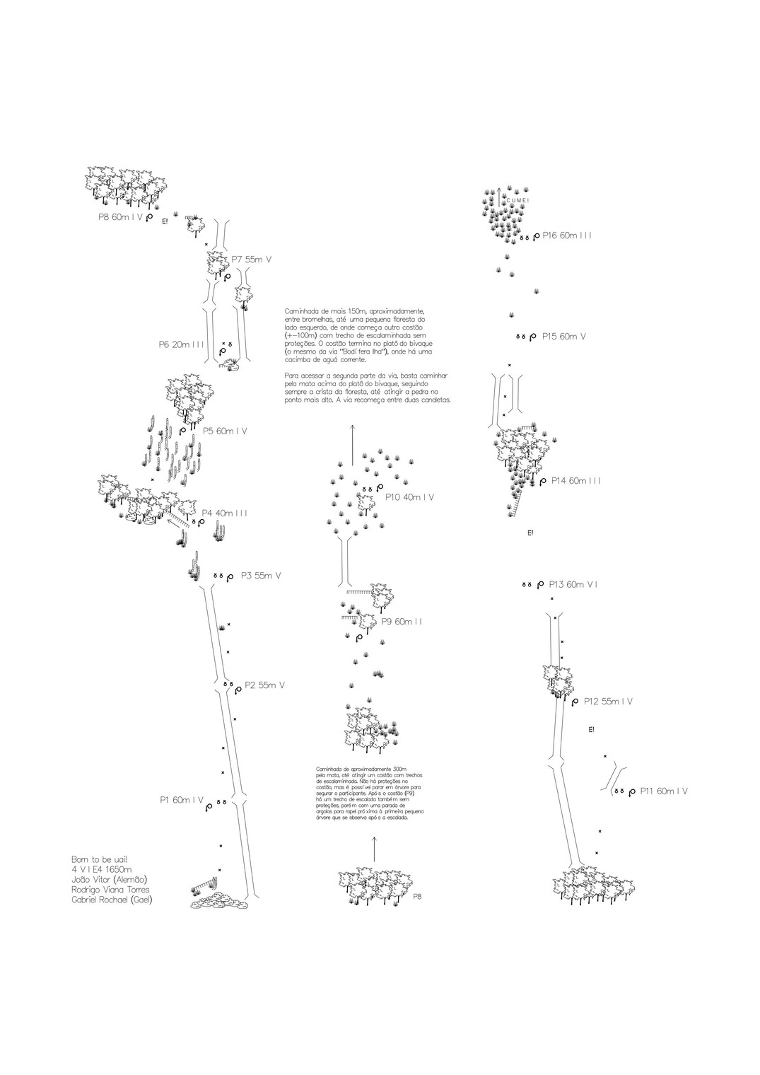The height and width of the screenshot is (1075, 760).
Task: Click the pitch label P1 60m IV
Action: pos(181,800)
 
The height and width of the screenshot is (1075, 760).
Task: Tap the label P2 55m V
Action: pos(264,685)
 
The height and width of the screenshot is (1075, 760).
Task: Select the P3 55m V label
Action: pos(260,576)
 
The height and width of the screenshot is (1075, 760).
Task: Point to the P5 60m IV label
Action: pos(225,431)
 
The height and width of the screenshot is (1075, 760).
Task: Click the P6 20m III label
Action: pos(182,344)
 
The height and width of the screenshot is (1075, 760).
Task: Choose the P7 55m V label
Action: pos(252,260)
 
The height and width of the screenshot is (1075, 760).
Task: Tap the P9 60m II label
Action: pos(401,622)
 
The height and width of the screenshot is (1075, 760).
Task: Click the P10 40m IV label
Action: pos(410,497)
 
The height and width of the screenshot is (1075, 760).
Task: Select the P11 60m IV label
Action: pos(664,791)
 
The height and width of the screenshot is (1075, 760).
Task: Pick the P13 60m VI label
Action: pos(573,584)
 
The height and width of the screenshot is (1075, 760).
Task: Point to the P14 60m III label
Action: pos(576,481)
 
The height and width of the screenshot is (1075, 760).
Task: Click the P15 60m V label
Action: pos(563,337)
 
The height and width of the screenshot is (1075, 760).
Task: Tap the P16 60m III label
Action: pos(567,236)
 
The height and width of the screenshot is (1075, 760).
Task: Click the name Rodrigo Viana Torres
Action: pos(110,890)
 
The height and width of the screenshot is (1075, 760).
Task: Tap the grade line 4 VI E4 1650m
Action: pos(102,869)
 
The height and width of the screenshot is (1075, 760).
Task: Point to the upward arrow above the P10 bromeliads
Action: pos(352,442)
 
